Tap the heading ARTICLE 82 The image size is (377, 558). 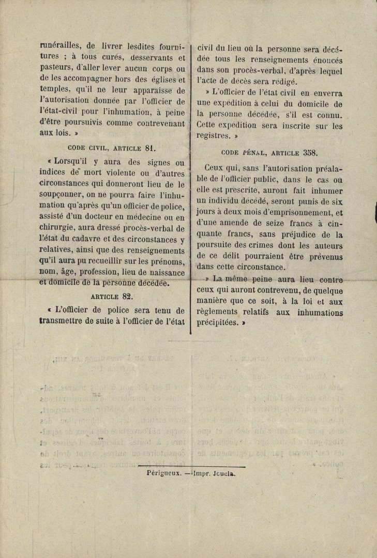[x=112, y=296]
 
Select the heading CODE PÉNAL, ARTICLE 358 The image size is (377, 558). [x=269, y=152]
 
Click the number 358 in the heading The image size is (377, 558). [x=310, y=152]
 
